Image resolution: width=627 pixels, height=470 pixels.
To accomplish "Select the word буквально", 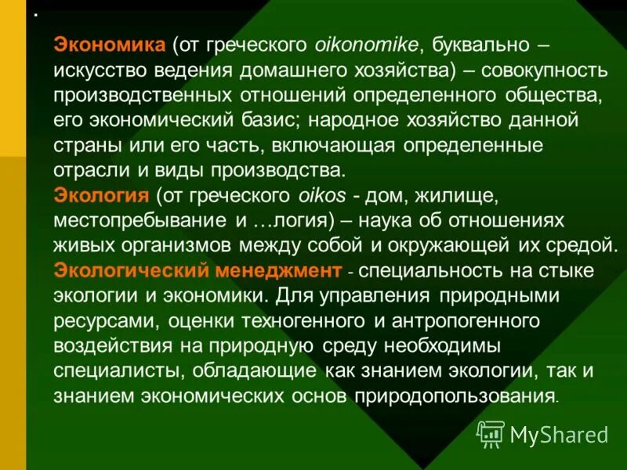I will (x=484, y=45).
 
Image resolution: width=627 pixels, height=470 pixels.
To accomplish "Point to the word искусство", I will (x=98, y=70).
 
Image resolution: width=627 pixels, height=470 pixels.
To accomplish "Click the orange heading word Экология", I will (x=101, y=196).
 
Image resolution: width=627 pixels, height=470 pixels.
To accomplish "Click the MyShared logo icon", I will (x=491, y=432).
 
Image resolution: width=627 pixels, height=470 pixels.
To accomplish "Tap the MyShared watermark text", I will (x=558, y=433).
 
